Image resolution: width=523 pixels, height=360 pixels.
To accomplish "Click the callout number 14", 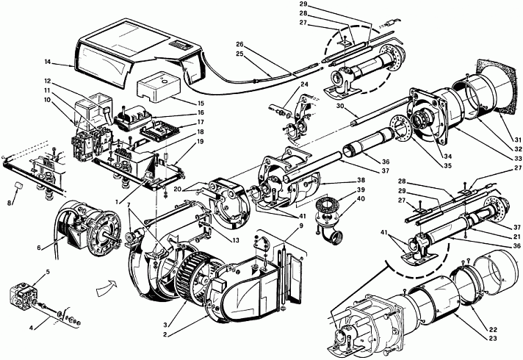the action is click(48, 62).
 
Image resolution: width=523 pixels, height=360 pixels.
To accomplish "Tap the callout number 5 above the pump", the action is click(48, 272).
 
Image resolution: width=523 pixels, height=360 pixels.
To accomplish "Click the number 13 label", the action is click(236, 240).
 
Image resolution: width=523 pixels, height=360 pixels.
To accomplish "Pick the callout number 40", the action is click(361, 198).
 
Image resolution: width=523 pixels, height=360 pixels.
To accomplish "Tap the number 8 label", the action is click(10, 202).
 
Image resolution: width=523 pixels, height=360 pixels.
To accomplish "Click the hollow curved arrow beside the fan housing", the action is click(107, 288).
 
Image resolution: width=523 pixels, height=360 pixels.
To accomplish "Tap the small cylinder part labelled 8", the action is click(19, 185).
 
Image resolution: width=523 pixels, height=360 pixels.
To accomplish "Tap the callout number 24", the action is click(304, 84).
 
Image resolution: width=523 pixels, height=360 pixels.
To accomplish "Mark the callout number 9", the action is click(301, 226).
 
